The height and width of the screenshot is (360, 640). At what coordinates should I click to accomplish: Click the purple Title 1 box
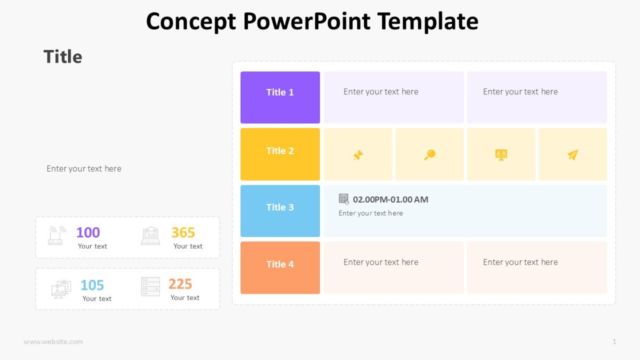(280, 98)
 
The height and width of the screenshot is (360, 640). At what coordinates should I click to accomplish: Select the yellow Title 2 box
(280, 154)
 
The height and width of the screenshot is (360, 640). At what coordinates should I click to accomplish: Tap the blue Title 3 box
(280, 211)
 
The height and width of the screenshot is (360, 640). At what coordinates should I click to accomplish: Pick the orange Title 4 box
(280, 267)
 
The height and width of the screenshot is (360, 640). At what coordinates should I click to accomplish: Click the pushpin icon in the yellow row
(358, 155)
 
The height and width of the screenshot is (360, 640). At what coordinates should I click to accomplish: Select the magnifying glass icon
(430, 155)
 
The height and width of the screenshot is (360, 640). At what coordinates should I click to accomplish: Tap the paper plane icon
(572, 155)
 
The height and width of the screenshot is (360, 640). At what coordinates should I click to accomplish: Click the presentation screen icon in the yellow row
(501, 155)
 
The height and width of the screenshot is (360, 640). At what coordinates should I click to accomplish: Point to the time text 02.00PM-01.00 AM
(390, 199)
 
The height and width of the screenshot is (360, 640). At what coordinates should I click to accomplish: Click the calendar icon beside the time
(344, 199)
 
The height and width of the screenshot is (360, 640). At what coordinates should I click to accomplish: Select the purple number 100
(88, 233)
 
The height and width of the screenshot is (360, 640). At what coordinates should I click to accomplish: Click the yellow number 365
(183, 233)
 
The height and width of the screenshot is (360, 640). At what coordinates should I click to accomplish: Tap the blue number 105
(92, 285)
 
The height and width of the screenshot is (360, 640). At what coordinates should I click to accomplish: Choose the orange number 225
(180, 284)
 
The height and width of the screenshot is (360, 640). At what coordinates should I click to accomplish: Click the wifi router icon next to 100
(57, 235)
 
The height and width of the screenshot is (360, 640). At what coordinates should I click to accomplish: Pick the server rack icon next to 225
(150, 286)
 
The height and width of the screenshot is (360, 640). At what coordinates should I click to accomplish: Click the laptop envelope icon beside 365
(150, 235)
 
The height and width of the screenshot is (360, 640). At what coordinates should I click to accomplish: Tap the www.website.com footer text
(53, 341)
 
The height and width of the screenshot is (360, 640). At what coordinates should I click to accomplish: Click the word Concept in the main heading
(191, 21)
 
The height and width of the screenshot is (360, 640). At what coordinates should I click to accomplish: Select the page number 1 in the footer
(614, 341)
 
